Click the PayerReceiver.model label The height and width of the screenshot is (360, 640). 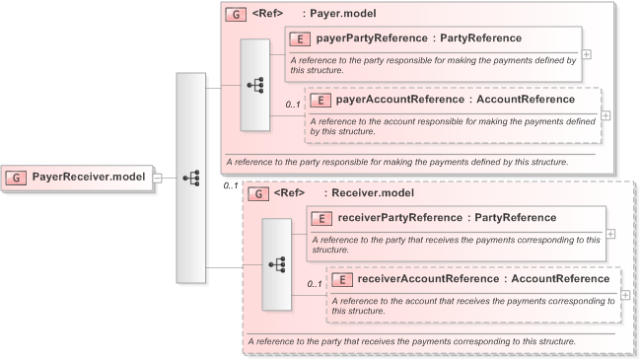[x=90, y=178]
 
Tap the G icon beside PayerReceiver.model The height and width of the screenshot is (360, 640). [x=17, y=178]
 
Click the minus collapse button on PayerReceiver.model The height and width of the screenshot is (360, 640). [x=158, y=178]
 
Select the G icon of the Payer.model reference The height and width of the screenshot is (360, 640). [x=234, y=16]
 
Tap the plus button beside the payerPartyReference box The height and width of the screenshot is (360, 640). [x=587, y=54]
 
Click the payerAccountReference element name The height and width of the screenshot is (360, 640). [x=400, y=100]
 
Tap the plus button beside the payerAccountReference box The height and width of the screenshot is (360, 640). [x=605, y=114]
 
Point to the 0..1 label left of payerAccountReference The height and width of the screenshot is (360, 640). [x=293, y=104]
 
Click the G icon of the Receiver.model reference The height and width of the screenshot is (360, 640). [x=257, y=194]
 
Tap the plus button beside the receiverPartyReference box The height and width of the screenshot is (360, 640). [x=611, y=234]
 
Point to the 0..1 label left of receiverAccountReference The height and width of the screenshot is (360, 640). [x=315, y=284]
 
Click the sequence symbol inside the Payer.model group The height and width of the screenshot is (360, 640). [x=254, y=85]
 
